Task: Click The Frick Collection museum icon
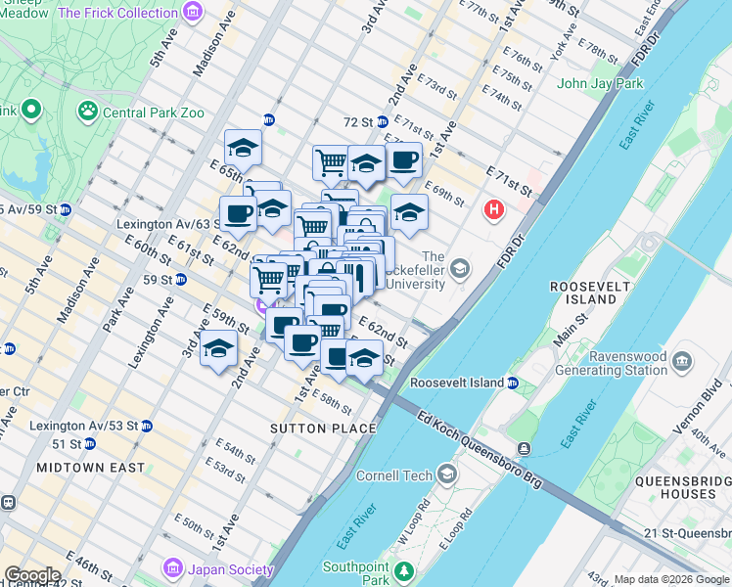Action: point(193,13)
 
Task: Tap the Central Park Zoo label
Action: point(154,113)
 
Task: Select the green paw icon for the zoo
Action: point(88,112)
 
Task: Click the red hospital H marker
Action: point(494,209)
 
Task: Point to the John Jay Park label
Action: point(600,83)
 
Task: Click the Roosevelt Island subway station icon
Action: point(513,383)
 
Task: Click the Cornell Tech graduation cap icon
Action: point(447,475)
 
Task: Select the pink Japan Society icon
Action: point(173,567)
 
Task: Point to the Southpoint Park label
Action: point(356,574)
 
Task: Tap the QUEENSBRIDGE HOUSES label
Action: point(676,487)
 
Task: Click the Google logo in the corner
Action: point(31,575)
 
